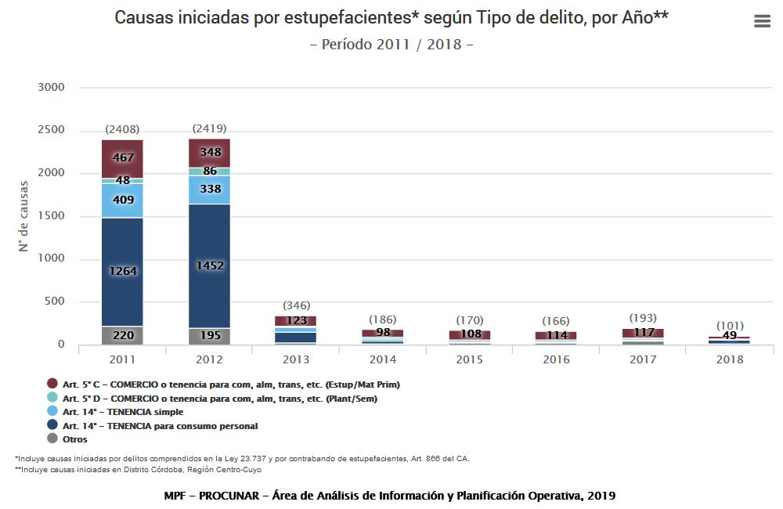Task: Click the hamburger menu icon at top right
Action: [x=762, y=21]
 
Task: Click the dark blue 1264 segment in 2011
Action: [x=122, y=271]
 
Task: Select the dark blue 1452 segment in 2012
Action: [x=209, y=265]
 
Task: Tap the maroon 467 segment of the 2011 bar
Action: [x=122, y=158]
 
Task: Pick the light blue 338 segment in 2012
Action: [x=209, y=190]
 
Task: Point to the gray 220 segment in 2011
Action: [x=122, y=335]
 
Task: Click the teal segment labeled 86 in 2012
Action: [x=209, y=171]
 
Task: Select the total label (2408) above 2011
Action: [x=122, y=129]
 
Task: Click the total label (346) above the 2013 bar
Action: [x=295, y=305]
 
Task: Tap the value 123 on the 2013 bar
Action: [x=295, y=320]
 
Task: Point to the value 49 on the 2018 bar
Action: [x=729, y=337]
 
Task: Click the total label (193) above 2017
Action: [x=642, y=318]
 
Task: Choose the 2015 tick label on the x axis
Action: [x=469, y=359]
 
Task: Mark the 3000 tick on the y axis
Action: [x=51, y=87]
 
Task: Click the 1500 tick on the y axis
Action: [x=51, y=216]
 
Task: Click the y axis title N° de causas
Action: [x=24, y=216]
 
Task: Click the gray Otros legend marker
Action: [x=52, y=439]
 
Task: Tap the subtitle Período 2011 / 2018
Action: [x=391, y=44]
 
